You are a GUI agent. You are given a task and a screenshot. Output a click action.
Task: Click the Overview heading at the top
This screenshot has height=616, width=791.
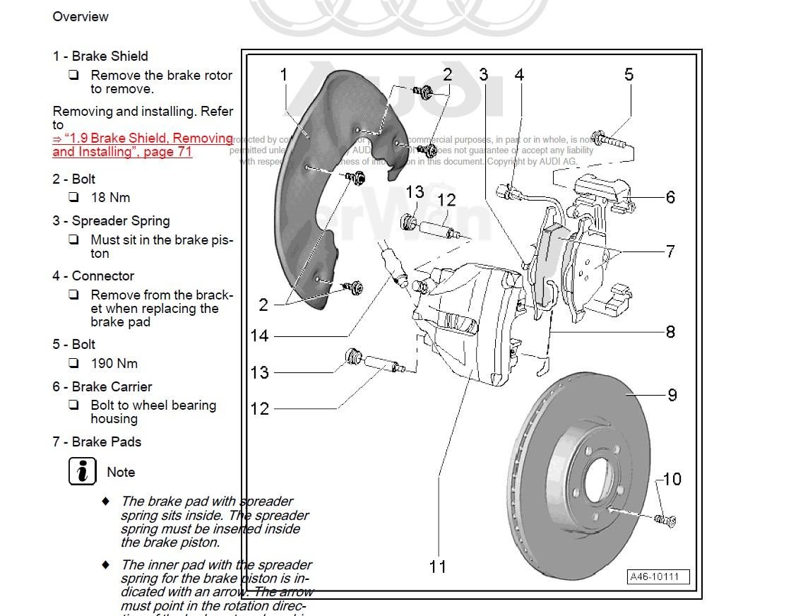pos(81,16)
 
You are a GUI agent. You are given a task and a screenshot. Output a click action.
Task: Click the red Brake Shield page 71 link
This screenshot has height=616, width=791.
pos(141,145)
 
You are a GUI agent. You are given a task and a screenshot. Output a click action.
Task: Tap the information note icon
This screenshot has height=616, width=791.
pos(83,471)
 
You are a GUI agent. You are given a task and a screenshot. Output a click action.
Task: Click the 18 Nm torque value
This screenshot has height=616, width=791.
pos(110,198)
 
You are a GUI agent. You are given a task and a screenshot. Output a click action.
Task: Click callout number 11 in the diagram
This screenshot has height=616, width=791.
pos(438,567)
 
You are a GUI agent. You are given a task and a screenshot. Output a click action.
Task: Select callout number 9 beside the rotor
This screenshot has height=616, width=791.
pos(672,395)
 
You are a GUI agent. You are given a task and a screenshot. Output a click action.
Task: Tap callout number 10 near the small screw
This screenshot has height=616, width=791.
pos(672,480)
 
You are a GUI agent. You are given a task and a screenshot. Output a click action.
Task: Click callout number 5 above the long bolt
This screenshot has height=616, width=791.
pos(629,75)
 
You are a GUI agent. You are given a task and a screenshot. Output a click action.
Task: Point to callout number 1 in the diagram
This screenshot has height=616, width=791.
pos(284,75)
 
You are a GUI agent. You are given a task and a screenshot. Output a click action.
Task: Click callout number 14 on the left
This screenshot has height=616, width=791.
pos(260,336)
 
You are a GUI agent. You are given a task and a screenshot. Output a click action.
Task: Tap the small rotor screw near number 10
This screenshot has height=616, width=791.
pos(666,521)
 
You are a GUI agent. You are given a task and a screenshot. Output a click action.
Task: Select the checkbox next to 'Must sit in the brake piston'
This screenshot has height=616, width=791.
pos(73,239)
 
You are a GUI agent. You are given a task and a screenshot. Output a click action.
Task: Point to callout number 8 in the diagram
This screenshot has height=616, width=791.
pos(670,331)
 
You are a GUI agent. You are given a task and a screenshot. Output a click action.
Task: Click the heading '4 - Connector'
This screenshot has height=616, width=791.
pos(93,276)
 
